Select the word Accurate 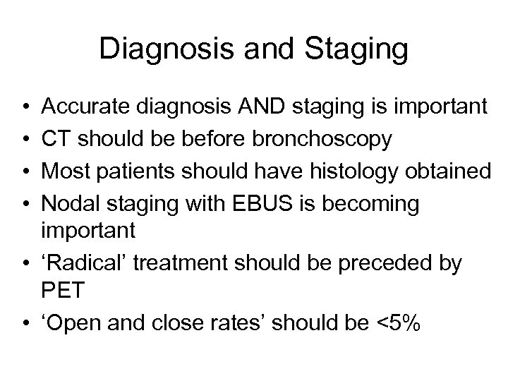point(80,107)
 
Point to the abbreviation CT point(57,139)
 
